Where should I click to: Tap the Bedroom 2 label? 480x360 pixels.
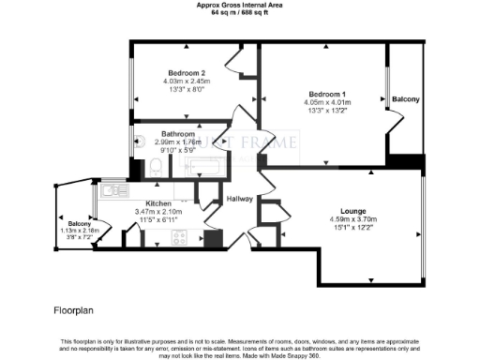[187, 73]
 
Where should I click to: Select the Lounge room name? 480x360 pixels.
[353, 211]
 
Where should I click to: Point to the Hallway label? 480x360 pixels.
[241, 199]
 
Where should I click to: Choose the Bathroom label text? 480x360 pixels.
[177, 133]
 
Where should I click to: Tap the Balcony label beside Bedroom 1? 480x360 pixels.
[405, 98]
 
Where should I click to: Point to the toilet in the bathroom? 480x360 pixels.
[157, 167]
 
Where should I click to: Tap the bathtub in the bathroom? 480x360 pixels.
[203, 169]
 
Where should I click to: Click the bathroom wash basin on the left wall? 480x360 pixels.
[138, 170]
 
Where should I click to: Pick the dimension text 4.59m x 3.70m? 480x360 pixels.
[353, 219]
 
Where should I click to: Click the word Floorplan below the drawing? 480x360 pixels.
[75, 307]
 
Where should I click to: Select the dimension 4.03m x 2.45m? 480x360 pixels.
[187, 81]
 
